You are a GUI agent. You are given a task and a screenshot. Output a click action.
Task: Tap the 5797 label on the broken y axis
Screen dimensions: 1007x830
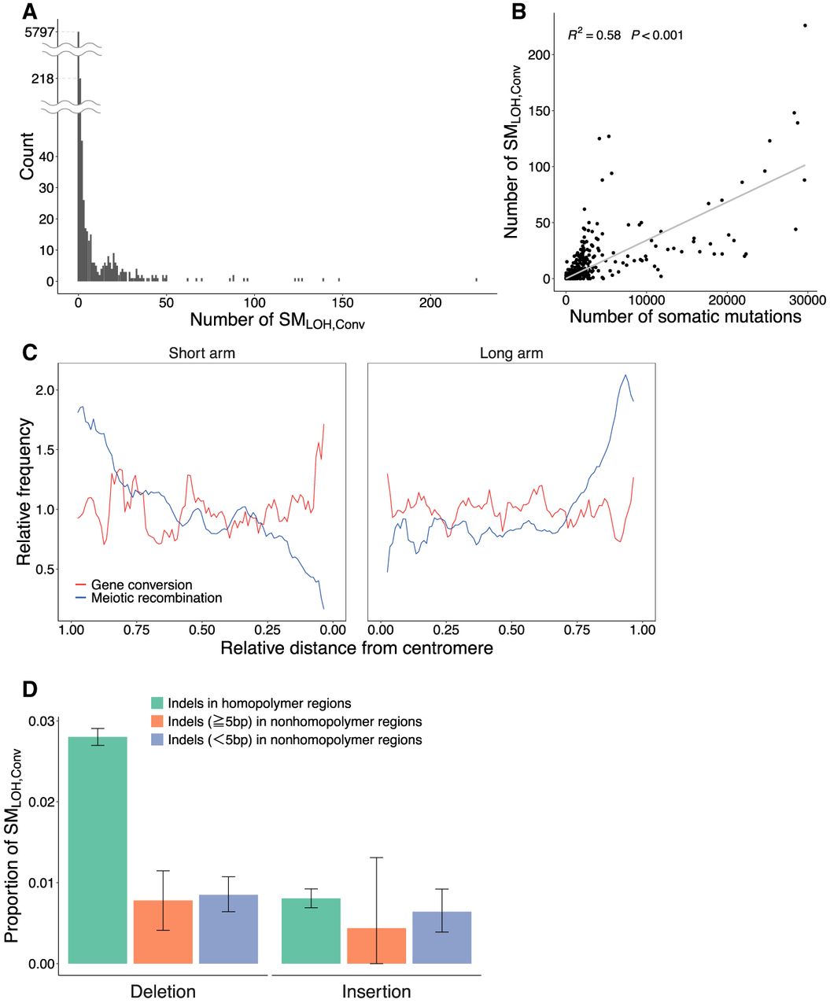39,32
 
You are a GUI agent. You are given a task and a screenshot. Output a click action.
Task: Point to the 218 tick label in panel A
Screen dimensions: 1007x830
42,79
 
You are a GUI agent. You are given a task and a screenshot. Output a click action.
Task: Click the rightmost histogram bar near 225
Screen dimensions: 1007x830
476,279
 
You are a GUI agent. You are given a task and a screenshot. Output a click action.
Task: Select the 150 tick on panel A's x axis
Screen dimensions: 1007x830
342,303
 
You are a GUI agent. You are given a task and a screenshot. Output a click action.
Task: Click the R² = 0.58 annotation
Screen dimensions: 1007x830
594,35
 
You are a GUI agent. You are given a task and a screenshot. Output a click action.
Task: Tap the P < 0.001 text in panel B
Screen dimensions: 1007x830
657,35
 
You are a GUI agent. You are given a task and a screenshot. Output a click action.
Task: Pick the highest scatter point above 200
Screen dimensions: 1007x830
805,25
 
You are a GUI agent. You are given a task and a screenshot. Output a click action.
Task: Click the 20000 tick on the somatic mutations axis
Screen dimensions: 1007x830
726,300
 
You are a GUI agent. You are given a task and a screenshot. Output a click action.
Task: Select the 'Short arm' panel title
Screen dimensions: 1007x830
201,353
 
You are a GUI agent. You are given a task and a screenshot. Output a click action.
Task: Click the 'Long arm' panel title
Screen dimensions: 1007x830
511,353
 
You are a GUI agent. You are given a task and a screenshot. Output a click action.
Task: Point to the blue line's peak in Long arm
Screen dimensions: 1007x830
625,375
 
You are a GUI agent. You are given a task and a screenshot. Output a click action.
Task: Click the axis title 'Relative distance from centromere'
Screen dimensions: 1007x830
356,648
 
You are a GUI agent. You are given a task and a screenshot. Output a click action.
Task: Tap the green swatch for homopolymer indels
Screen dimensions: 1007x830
157,703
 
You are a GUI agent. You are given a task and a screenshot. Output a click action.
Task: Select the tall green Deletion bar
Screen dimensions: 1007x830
98,850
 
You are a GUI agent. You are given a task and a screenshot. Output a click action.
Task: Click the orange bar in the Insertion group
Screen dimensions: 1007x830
376,946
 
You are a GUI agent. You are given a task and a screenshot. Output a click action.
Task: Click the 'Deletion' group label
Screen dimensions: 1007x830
163,991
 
